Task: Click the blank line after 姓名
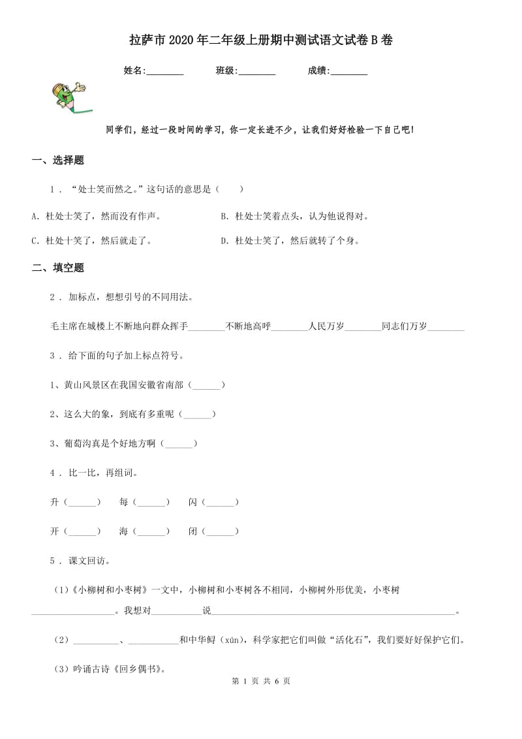tap(165, 72)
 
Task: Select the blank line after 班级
tap(256, 72)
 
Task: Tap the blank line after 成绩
tap(348, 72)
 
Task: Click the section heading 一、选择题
tap(58, 161)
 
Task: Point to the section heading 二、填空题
tap(58, 268)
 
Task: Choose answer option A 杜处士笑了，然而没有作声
tap(96, 216)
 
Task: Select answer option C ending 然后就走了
tap(91, 241)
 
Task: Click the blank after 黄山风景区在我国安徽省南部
tap(206, 386)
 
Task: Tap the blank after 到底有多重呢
tap(197, 414)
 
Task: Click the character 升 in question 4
tap(54, 502)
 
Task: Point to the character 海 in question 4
tap(123, 532)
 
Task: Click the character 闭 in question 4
tap(192, 532)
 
